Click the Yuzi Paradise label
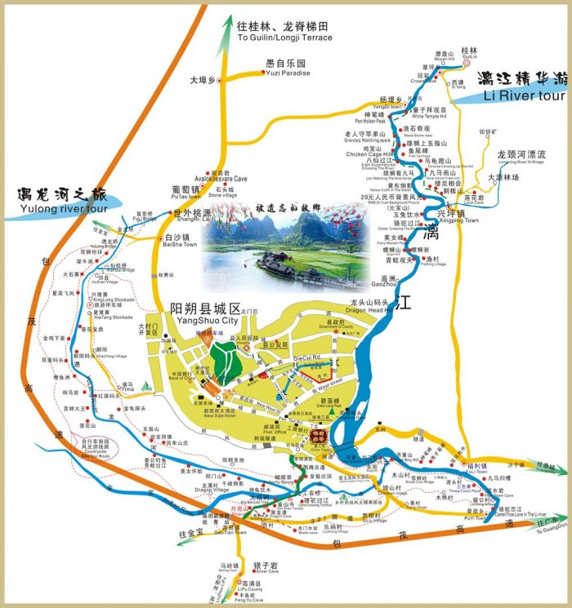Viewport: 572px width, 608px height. pyautogui.click(x=288, y=73)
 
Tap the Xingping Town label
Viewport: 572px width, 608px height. pyautogui.click(x=459, y=220)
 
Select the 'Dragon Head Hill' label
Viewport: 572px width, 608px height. pyautogui.click(x=367, y=309)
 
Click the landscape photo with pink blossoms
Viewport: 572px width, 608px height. pyautogui.click(x=285, y=245)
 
